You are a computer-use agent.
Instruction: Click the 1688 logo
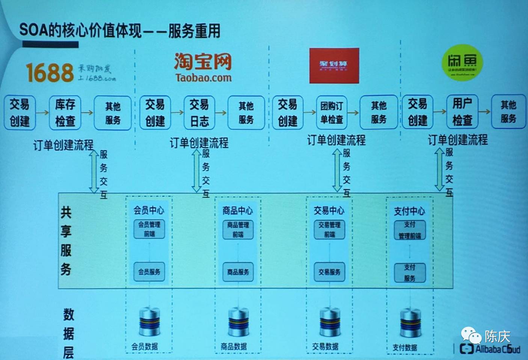tap(50, 72)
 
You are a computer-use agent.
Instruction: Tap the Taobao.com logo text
tap(203, 78)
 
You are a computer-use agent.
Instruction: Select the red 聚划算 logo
tap(334, 65)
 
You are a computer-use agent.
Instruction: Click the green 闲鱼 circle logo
tap(462, 62)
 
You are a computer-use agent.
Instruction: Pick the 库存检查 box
tap(65, 112)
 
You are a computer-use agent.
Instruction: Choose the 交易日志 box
tap(199, 112)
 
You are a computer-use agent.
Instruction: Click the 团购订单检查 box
tap(332, 112)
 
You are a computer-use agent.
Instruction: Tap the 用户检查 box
tap(462, 112)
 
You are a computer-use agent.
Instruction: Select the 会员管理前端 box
tap(149, 229)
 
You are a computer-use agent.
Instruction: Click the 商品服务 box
tap(238, 272)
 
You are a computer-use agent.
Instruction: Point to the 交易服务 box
tap(329, 272)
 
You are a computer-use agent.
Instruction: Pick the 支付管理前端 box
tap(410, 230)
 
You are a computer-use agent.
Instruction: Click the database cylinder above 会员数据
tap(149, 322)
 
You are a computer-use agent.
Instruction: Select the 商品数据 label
tap(234, 346)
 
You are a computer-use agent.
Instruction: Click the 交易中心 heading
tap(329, 210)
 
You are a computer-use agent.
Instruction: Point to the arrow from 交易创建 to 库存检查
tap(42, 112)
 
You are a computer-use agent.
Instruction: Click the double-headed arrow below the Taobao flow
tap(196, 171)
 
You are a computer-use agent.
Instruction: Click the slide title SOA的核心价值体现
tap(81, 30)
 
